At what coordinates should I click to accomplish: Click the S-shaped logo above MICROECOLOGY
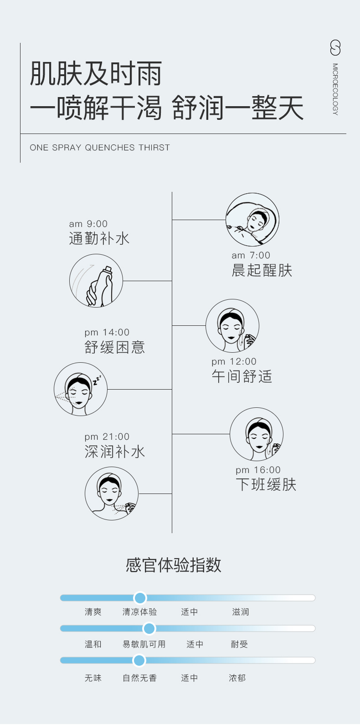(x=335, y=48)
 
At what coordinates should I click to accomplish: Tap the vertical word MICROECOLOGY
(x=335, y=89)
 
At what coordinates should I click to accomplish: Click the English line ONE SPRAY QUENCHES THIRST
(x=100, y=148)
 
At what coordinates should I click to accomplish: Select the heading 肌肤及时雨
(x=96, y=74)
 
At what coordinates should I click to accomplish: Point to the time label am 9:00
(x=88, y=224)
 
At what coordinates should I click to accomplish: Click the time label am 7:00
(x=251, y=255)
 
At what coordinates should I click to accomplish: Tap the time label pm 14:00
(x=107, y=332)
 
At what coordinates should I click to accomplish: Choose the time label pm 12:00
(x=234, y=361)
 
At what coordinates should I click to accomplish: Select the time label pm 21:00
(x=107, y=437)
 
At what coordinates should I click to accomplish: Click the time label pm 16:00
(x=258, y=470)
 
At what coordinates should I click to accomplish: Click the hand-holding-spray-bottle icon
(x=96, y=281)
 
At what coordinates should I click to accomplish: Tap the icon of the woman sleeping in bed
(x=252, y=220)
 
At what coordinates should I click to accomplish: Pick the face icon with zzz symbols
(x=81, y=389)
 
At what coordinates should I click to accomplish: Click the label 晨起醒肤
(x=262, y=270)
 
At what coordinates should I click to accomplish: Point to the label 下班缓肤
(x=266, y=484)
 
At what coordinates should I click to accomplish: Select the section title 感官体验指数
(x=174, y=565)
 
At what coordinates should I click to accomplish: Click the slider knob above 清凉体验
(x=140, y=598)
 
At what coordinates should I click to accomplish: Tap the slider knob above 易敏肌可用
(x=149, y=629)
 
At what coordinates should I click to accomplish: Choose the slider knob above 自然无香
(x=139, y=660)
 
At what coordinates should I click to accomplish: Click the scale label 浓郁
(x=237, y=678)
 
